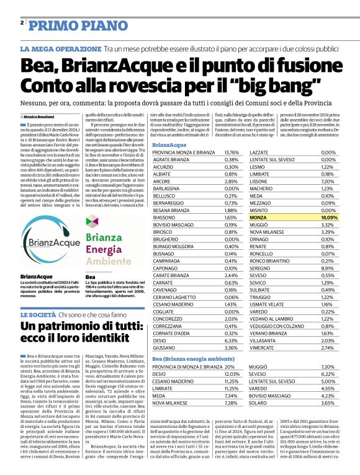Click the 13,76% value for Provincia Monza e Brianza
click(231, 152)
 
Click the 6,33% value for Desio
click(231, 340)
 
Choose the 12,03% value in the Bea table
click(231, 374)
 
